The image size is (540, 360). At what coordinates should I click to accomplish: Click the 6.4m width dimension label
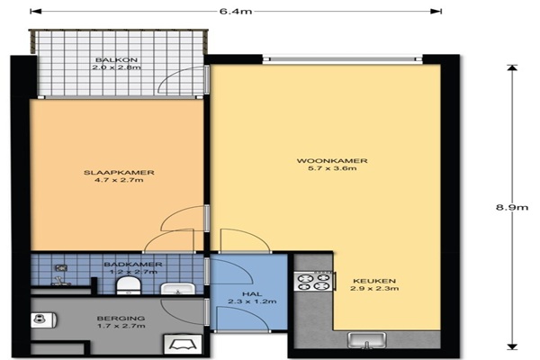coord(236,12)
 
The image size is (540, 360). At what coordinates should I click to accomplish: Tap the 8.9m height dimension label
coord(512,207)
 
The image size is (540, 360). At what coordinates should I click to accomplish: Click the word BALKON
coord(116,60)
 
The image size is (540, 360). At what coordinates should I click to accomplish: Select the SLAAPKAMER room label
coord(119,173)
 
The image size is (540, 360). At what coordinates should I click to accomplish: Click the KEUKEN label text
coord(374,281)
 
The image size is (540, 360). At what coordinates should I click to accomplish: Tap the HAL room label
coord(252,294)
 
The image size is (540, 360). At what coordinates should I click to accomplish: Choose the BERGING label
coord(121,319)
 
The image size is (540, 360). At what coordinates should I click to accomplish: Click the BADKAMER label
coord(133,265)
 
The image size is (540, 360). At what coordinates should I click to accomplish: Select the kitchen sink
coord(367,340)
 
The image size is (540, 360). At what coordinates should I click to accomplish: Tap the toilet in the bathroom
coord(129,286)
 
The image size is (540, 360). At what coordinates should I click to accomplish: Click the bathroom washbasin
coord(178,289)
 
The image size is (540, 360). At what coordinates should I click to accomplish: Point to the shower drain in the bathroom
coord(61,267)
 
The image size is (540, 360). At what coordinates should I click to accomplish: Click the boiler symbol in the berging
coord(43,320)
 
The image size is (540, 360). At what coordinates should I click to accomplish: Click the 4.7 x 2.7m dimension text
coord(119,180)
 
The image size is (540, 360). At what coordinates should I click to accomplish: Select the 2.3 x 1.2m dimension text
coord(252,301)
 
